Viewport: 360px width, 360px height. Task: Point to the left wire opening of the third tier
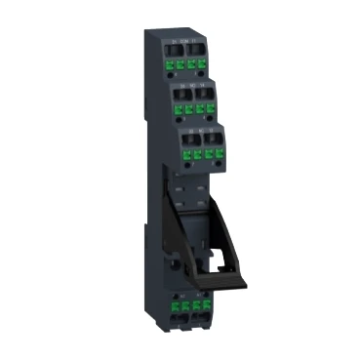pos(187,140)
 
